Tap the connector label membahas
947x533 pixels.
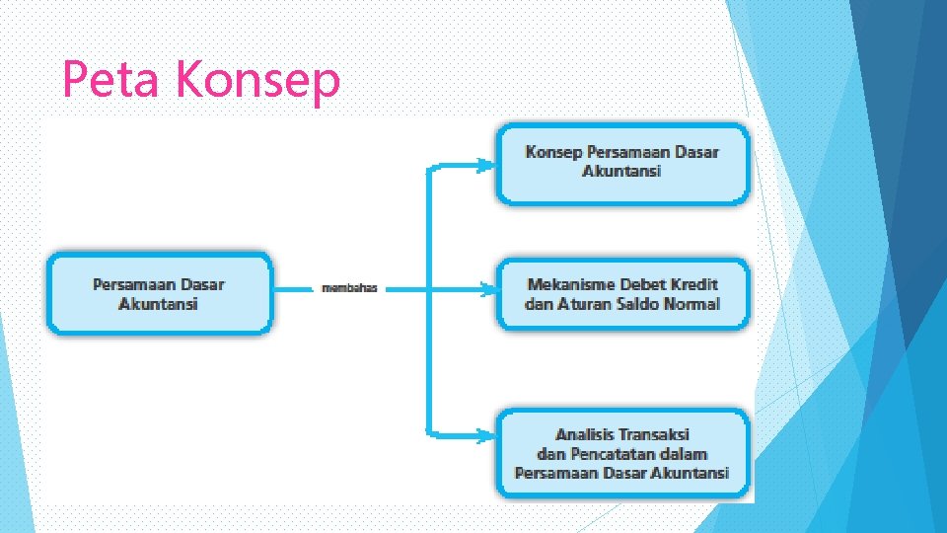350,288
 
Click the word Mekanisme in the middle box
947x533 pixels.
568,284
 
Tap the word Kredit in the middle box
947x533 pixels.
694,284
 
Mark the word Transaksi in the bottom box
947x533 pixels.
656,434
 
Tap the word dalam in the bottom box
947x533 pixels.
684,453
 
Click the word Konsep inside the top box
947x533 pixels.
553,152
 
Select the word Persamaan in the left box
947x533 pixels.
135,284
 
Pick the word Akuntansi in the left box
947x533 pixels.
158,304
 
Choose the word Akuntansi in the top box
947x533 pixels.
621,171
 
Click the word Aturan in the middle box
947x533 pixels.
586,304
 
